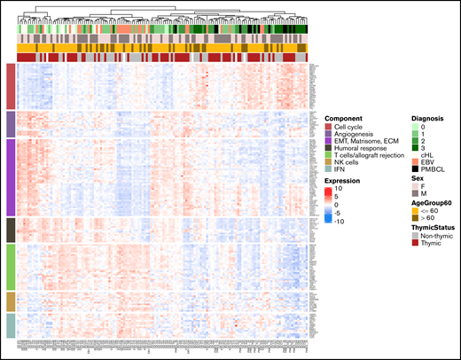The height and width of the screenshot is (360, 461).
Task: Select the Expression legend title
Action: pos(342,180)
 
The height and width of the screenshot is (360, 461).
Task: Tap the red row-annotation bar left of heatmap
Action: pos(10,85)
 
